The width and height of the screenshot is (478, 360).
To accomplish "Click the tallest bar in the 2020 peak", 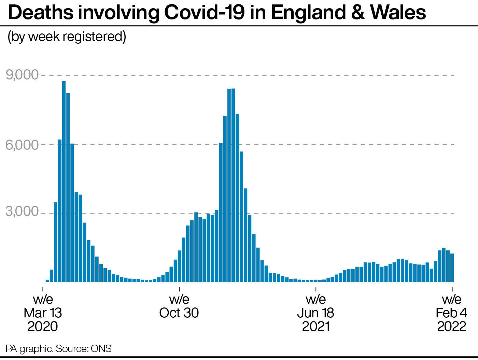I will [64, 181].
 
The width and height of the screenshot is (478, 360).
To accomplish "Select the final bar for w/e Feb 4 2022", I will [452, 268].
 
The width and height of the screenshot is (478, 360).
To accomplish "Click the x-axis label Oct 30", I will [179, 313].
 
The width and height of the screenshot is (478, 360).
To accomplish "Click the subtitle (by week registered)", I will [67, 37].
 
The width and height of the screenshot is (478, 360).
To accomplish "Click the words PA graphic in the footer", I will [29, 349].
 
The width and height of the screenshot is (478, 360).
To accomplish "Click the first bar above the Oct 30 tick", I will [180, 266].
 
